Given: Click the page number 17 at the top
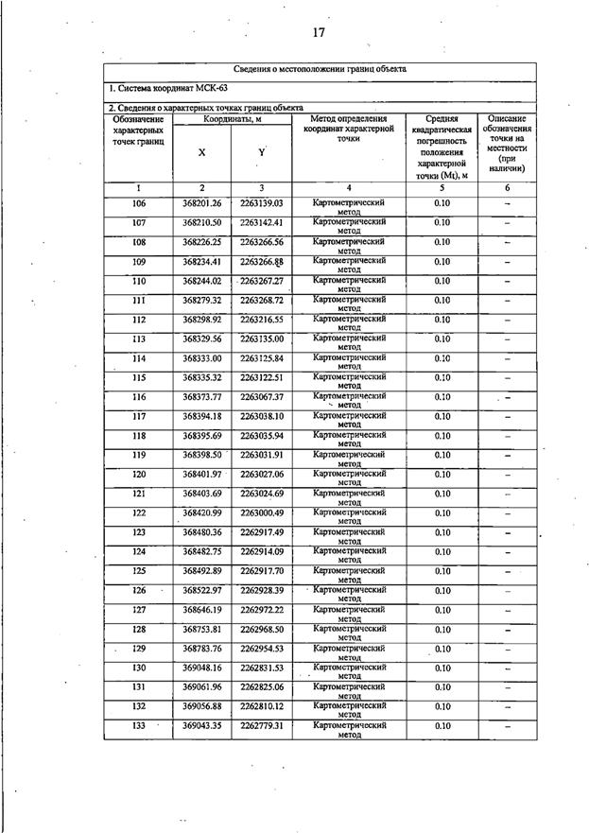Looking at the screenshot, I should pos(319,33).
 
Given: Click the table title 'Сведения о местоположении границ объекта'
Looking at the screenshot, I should pos(320,70).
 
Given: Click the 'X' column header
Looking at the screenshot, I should pos(201,152).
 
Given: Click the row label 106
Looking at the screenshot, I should pos(139,203).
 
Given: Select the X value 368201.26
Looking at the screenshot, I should pos(201,203).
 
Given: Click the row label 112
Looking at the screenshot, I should pos(139,320).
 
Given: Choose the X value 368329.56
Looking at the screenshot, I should pos(201,338).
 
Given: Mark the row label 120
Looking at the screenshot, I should pos(139,474).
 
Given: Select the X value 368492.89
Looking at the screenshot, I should pos(201,571).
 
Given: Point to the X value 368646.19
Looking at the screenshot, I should pos(201,610).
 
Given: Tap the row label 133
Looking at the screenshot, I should pos(139,725).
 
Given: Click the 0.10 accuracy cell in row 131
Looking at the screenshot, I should pos(442,686).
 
